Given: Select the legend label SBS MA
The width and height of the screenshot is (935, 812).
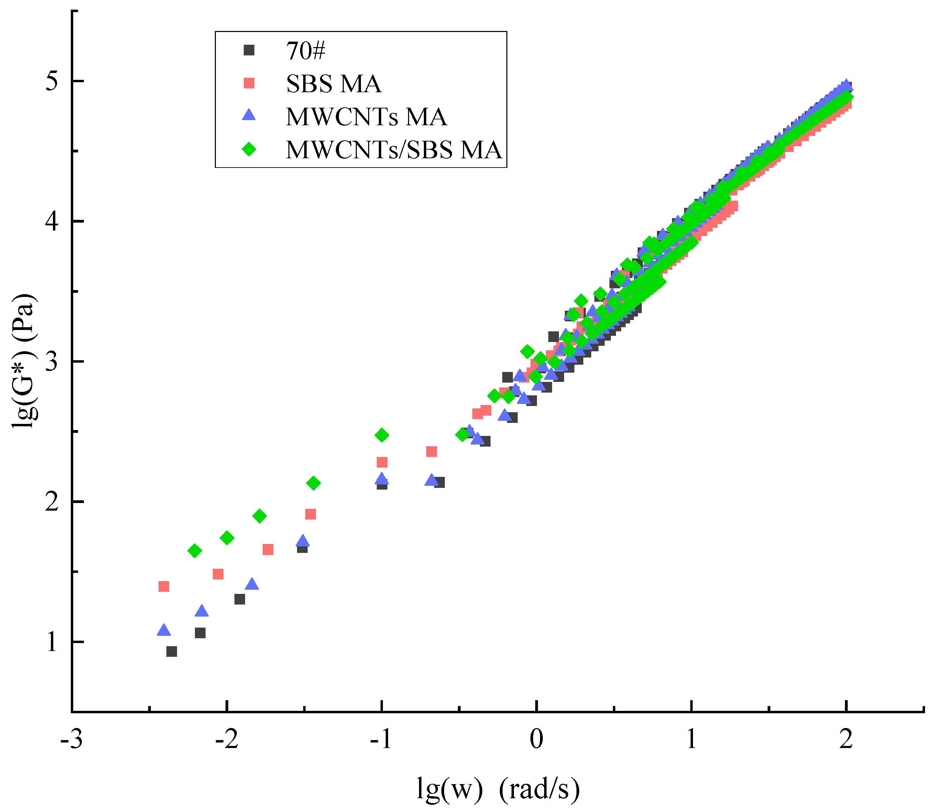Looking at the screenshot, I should pos(334,84).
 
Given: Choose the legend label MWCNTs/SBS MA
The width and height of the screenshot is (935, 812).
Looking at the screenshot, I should pos(394,150).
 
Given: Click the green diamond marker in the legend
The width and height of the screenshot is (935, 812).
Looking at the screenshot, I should pos(249,149).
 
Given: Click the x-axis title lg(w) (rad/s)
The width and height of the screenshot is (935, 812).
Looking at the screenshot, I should pos(498,789).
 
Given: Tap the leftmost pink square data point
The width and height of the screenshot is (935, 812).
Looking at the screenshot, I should pos(164,587).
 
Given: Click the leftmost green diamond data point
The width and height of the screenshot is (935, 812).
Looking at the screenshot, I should pos(195,551).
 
